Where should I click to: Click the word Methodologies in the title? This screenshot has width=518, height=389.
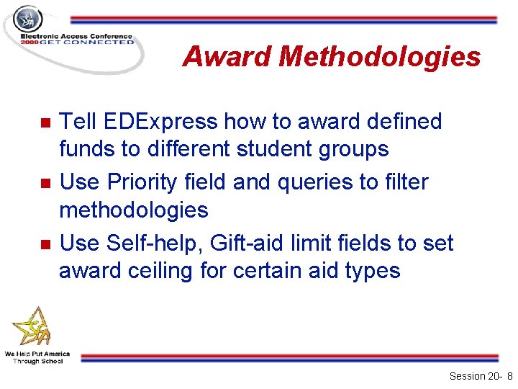point(381,56)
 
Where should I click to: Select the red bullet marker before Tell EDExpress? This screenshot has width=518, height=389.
point(45,122)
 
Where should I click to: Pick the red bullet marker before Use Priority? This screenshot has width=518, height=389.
point(45,183)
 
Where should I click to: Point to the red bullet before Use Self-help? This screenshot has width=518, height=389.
point(45,244)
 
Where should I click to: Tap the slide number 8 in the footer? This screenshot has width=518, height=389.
point(509,376)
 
